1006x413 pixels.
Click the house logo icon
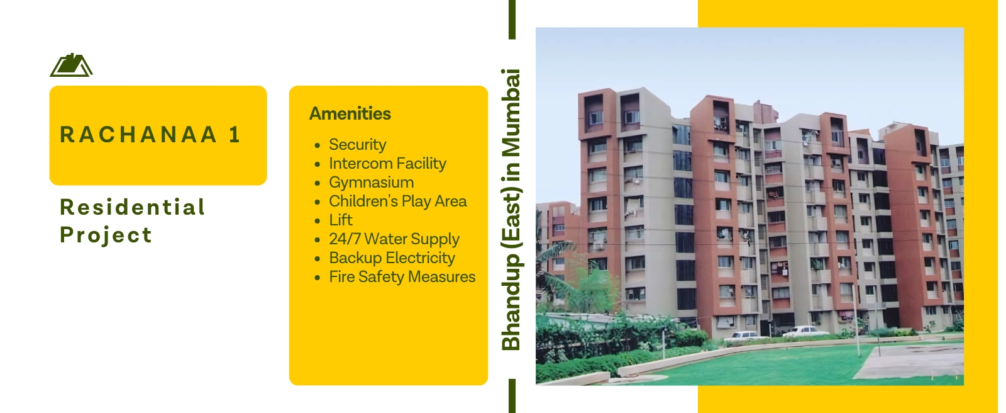pyautogui.click(x=71, y=65)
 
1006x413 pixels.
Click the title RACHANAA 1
pyautogui.click(x=151, y=135)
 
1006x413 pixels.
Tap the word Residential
pyautogui.click(x=133, y=207)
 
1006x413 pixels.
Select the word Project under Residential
pyautogui.click(x=106, y=235)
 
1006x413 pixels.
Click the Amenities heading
pyautogui.click(x=350, y=113)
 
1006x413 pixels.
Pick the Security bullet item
pyautogui.click(x=358, y=144)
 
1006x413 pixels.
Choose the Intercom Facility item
pyautogui.click(x=387, y=163)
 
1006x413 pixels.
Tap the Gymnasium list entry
pyautogui.click(x=372, y=182)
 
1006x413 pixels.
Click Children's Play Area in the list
pyautogui.click(x=398, y=201)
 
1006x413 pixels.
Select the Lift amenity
pyautogui.click(x=341, y=220)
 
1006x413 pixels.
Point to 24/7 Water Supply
pyautogui.click(x=394, y=239)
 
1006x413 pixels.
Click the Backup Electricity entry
pyautogui.click(x=392, y=257)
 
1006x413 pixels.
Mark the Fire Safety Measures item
pyautogui.click(x=402, y=276)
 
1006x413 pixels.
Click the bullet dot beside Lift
pyautogui.click(x=318, y=221)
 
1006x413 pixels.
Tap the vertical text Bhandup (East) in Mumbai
pyautogui.click(x=511, y=209)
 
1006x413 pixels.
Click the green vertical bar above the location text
pyautogui.click(x=512, y=20)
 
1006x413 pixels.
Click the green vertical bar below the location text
pyautogui.click(x=512, y=396)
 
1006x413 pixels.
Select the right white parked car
pyautogui.click(x=805, y=332)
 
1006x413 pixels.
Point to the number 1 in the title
pyautogui.click(x=235, y=135)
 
